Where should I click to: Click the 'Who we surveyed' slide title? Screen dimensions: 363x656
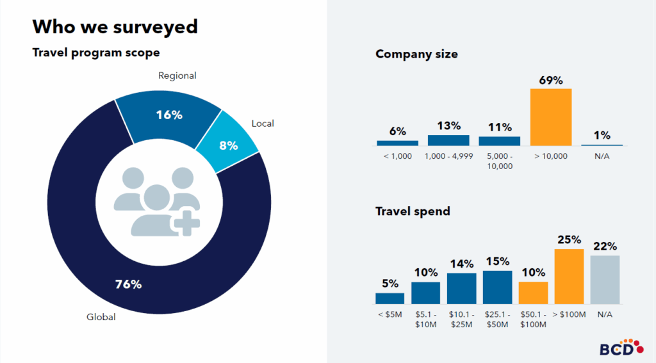click(x=115, y=27)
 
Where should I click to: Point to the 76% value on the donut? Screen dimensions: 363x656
click(x=127, y=284)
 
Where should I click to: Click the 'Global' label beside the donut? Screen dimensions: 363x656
click(x=101, y=316)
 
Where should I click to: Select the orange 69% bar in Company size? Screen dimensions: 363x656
click(x=550, y=117)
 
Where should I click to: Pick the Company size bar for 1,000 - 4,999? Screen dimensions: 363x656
click(x=448, y=140)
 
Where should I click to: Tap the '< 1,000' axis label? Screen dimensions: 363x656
click(x=397, y=156)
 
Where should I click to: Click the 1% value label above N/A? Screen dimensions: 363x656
click(x=602, y=135)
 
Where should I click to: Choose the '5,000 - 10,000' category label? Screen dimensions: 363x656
click(x=499, y=161)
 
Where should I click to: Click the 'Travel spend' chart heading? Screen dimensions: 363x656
click(x=413, y=211)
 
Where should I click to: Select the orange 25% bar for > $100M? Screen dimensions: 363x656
click(x=569, y=277)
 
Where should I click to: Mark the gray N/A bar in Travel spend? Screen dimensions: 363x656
click(x=605, y=280)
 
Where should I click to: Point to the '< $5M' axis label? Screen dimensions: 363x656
click(x=389, y=314)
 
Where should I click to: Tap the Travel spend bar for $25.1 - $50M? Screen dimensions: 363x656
click(x=497, y=287)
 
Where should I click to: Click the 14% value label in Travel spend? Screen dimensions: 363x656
click(x=461, y=264)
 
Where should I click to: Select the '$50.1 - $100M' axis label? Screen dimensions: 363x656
click(x=533, y=319)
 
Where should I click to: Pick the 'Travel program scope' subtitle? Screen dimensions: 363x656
click(x=96, y=52)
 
